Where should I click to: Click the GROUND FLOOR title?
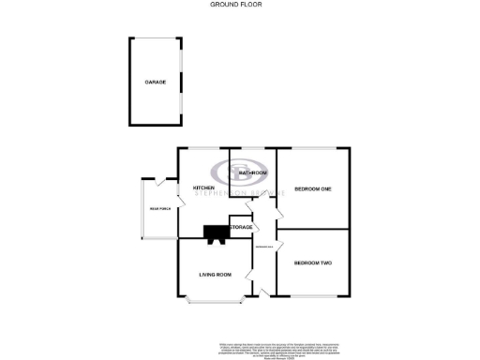(236, 5)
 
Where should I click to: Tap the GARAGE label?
(156, 82)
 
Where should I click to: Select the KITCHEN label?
(204, 187)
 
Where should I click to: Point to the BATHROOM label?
(254, 173)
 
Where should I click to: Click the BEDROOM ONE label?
(313, 189)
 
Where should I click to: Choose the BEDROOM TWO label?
(313, 262)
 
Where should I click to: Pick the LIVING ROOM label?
(215, 274)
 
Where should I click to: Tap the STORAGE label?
(242, 228)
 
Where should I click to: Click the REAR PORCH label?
(158, 208)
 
